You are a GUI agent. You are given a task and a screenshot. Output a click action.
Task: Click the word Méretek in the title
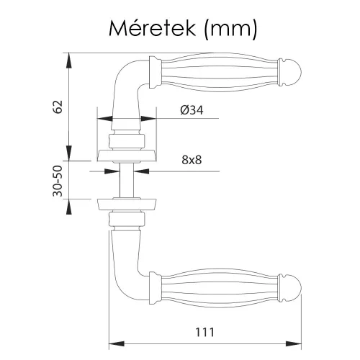coord(152,28)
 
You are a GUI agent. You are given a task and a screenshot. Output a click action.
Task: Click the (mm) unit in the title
coord(230,30)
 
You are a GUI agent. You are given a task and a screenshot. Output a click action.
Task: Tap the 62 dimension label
coord(58,107)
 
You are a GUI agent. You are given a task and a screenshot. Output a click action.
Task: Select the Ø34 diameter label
coord(192,110)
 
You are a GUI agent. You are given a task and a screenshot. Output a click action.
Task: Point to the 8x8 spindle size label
coord(192,160)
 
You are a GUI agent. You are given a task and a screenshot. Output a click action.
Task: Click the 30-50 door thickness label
coord(58,181)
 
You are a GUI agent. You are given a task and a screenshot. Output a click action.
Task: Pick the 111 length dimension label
coord(204,332)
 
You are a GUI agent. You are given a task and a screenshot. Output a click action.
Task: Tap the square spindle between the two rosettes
coord(126,179)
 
